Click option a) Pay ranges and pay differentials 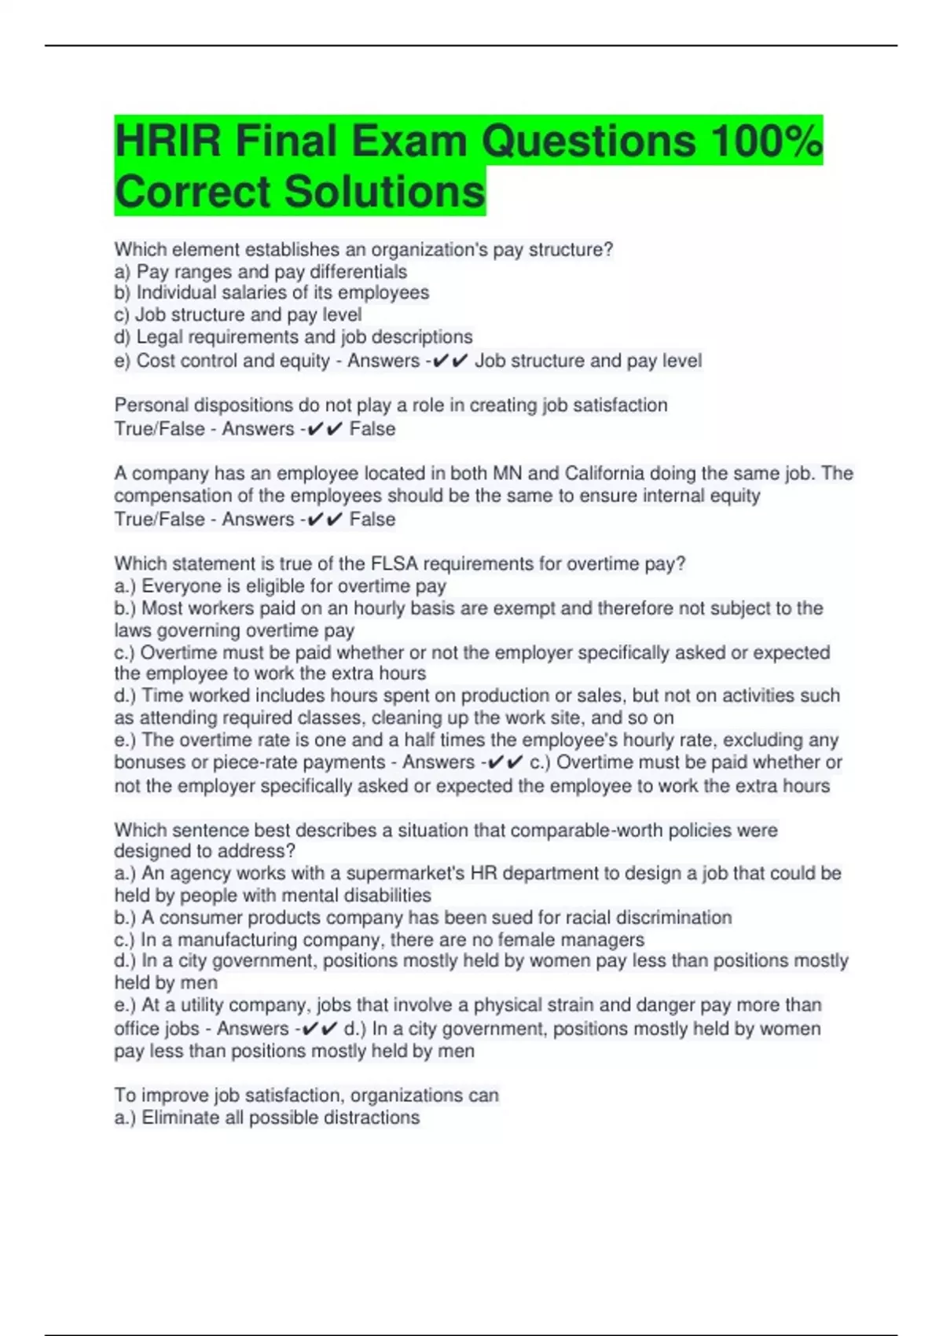tap(261, 272)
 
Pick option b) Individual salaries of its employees tap(272, 293)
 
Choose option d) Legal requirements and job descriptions tap(293, 337)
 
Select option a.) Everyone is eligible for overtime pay tap(281, 585)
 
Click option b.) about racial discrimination tap(423, 917)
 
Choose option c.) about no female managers tap(380, 939)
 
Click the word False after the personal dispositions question tap(372, 429)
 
